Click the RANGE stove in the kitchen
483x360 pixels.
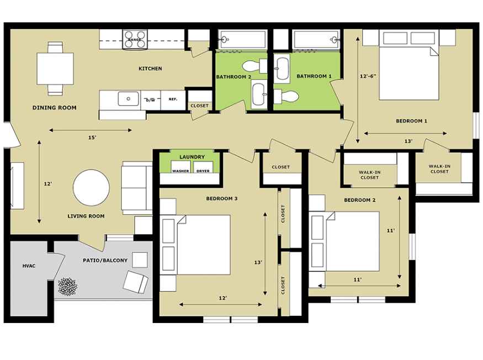[x=135, y=39]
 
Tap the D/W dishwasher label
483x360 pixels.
[x=150, y=100]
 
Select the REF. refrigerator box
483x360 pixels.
[x=173, y=100]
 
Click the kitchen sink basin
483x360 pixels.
[x=129, y=99]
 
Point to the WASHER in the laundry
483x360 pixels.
[x=181, y=167]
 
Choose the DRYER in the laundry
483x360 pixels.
[x=203, y=167]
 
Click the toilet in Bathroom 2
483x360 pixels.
[x=254, y=66]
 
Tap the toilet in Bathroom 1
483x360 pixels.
[x=286, y=97]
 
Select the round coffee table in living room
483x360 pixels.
[x=91, y=187]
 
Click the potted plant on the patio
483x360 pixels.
[x=68, y=287]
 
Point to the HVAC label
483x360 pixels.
[x=29, y=266]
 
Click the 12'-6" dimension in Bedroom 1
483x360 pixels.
[x=368, y=76]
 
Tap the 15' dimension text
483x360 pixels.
[x=92, y=137]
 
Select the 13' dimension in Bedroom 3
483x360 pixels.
[x=258, y=262]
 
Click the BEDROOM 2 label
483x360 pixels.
[x=360, y=200]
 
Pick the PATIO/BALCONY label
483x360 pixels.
[x=105, y=261]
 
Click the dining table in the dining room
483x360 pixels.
[x=55, y=68]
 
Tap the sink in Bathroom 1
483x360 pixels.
[x=282, y=68]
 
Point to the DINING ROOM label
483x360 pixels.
[x=55, y=108]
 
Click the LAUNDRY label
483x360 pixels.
[x=192, y=157]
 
